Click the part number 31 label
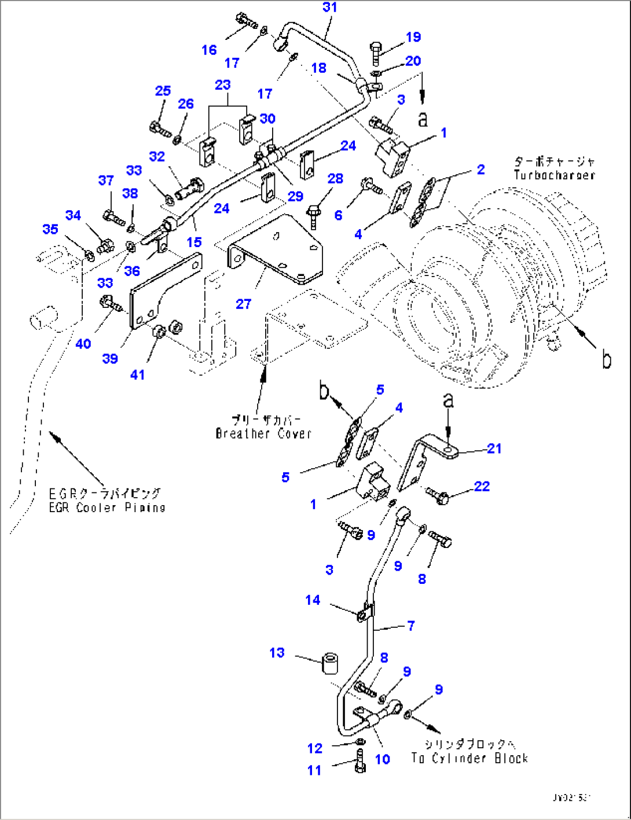click(x=329, y=8)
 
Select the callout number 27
click(x=243, y=304)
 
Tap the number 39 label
click(x=110, y=359)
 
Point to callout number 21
click(x=494, y=448)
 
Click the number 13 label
click(x=277, y=653)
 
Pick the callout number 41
click(x=137, y=375)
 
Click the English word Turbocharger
click(x=554, y=175)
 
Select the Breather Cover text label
click(x=263, y=433)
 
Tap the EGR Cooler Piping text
click(x=107, y=508)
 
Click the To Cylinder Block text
click(x=469, y=758)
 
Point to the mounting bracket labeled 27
click(x=278, y=249)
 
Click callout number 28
click(x=335, y=179)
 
